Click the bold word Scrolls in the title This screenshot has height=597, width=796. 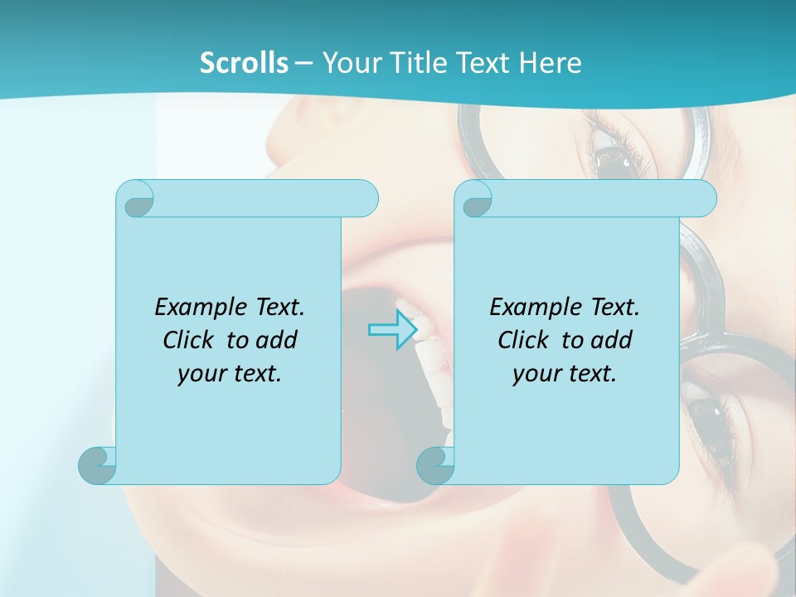(x=244, y=63)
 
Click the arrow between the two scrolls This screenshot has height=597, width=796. (x=392, y=330)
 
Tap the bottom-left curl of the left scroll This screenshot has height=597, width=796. (x=97, y=465)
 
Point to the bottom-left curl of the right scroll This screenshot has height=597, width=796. (x=435, y=465)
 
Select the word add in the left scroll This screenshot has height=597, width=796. (x=279, y=340)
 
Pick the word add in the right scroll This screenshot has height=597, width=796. (x=614, y=340)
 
